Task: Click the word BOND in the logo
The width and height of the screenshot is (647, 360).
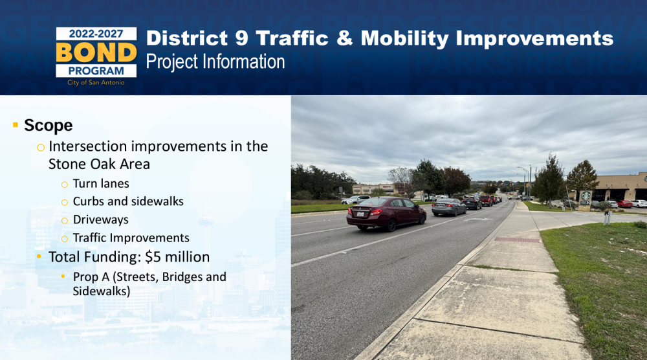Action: click(96, 52)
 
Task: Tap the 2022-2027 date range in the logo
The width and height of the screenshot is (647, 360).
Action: click(96, 34)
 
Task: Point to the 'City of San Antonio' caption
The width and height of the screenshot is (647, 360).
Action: click(96, 83)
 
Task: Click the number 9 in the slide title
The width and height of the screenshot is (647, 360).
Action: click(242, 38)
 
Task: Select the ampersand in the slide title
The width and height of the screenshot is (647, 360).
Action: click(345, 38)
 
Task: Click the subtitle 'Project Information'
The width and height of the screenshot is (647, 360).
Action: click(215, 62)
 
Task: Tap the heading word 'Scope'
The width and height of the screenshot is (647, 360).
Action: click(49, 126)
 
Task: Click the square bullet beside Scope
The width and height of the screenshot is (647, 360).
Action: click(16, 125)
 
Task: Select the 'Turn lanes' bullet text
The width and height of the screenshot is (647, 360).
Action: click(101, 183)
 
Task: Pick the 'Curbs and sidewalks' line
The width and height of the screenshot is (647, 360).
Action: click(128, 201)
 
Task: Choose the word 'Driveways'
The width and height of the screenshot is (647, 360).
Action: click(101, 220)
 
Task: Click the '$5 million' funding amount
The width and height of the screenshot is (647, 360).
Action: click(177, 257)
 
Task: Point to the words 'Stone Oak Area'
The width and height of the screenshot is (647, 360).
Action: click(99, 164)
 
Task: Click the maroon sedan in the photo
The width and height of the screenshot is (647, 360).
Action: click(386, 213)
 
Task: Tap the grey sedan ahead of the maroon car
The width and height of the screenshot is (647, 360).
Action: click(449, 207)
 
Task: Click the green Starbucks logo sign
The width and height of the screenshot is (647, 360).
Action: click(586, 196)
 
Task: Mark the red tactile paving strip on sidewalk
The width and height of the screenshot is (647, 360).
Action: click(517, 240)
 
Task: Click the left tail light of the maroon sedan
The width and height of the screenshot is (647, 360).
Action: click(351, 212)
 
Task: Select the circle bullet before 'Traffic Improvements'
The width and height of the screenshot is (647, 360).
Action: click(64, 239)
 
